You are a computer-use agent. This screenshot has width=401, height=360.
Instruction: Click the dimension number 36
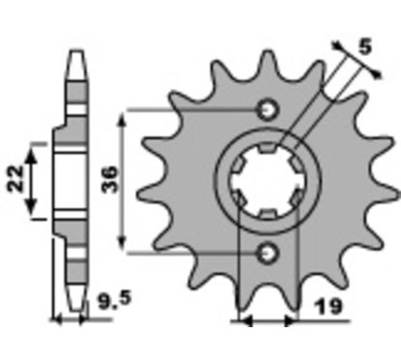coord(110,180)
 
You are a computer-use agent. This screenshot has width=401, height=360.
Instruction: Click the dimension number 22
coord(16,180)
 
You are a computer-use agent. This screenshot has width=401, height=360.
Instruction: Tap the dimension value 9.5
coord(115,300)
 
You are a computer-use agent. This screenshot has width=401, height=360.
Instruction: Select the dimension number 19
coord(329,307)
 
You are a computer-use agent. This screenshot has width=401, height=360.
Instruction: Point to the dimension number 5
coord(365,46)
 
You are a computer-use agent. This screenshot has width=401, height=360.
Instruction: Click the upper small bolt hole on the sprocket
coord(268,110)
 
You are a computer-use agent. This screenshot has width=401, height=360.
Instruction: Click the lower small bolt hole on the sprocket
coord(268,254)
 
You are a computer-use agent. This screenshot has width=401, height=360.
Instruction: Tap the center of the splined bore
coord(268,181)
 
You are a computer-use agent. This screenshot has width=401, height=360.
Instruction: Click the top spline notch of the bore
coord(268,148)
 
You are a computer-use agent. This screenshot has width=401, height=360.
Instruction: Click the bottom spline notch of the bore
coord(268,214)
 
